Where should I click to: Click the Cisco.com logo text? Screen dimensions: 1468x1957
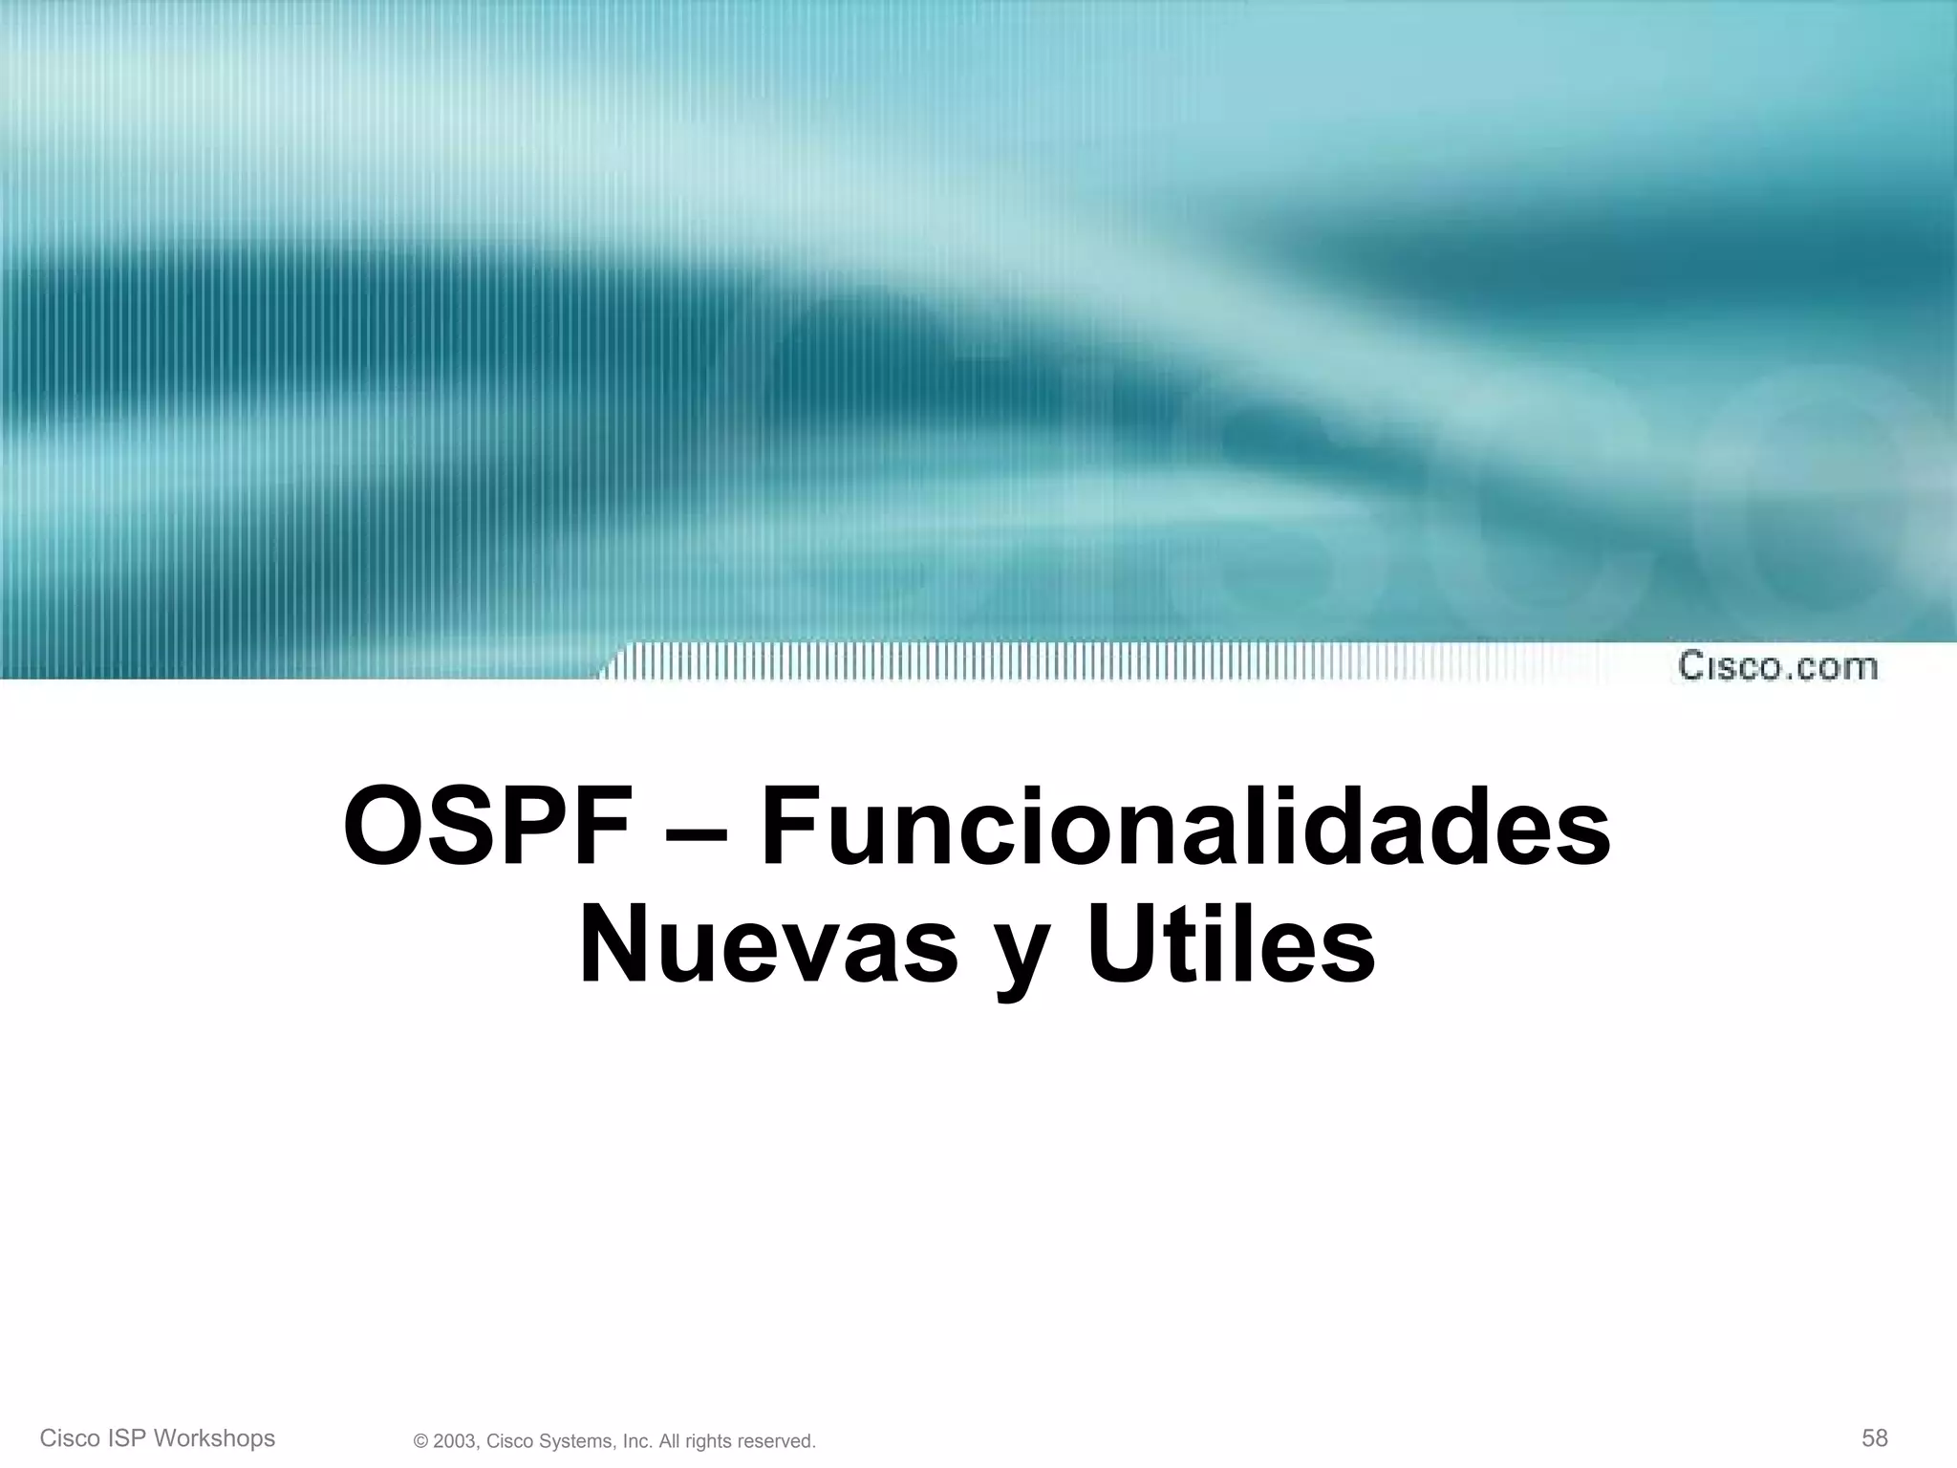1777,666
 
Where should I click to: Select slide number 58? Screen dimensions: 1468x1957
1875,1437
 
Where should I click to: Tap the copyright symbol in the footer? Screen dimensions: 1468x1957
420,1441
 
